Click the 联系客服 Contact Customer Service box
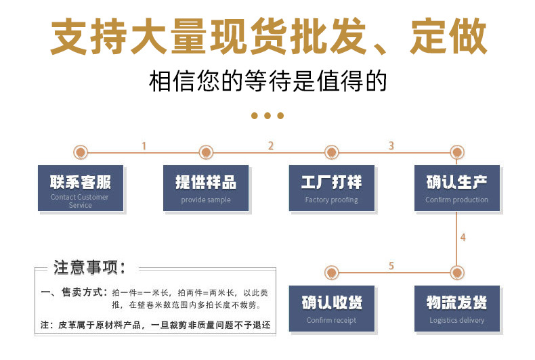click(81, 188)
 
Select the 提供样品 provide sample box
click(206, 188)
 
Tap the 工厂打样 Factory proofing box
click(332, 188)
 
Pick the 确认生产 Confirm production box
click(457, 188)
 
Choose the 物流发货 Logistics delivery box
click(457, 309)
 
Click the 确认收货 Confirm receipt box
click(332, 309)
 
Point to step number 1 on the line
click(144, 146)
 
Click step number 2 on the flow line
click(271, 146)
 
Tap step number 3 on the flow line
click(391, 146)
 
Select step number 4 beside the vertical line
click(463, 238)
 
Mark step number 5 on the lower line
click(391, 265)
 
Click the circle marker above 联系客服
click(81, 152)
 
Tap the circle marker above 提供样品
click(206, 152)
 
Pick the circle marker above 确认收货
click(331, 273)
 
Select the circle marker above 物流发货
click(457, 273)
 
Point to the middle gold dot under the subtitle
click(267, 116)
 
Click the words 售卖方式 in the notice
click(82, 292)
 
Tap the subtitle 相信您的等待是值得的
click(268, 81)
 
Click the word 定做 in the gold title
click(448, 36)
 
